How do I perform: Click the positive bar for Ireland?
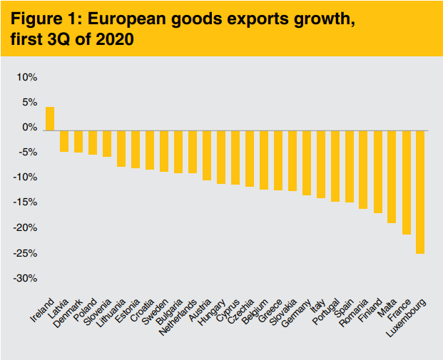click(50, 118)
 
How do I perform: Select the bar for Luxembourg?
click(420, 192)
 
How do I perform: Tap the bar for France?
click(406, 182)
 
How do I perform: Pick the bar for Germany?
click(306, 163)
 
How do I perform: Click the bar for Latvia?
click(64, 141)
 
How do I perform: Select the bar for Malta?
click(392, 177)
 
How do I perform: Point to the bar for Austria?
click(207, 155)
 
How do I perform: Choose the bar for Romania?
click(363, 170)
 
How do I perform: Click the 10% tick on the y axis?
click(27, 77)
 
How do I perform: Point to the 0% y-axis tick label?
click(29, 128)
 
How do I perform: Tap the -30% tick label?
click(26, 278)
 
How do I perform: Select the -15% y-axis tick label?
click(26, 202)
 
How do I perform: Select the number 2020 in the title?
click(114, 41)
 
